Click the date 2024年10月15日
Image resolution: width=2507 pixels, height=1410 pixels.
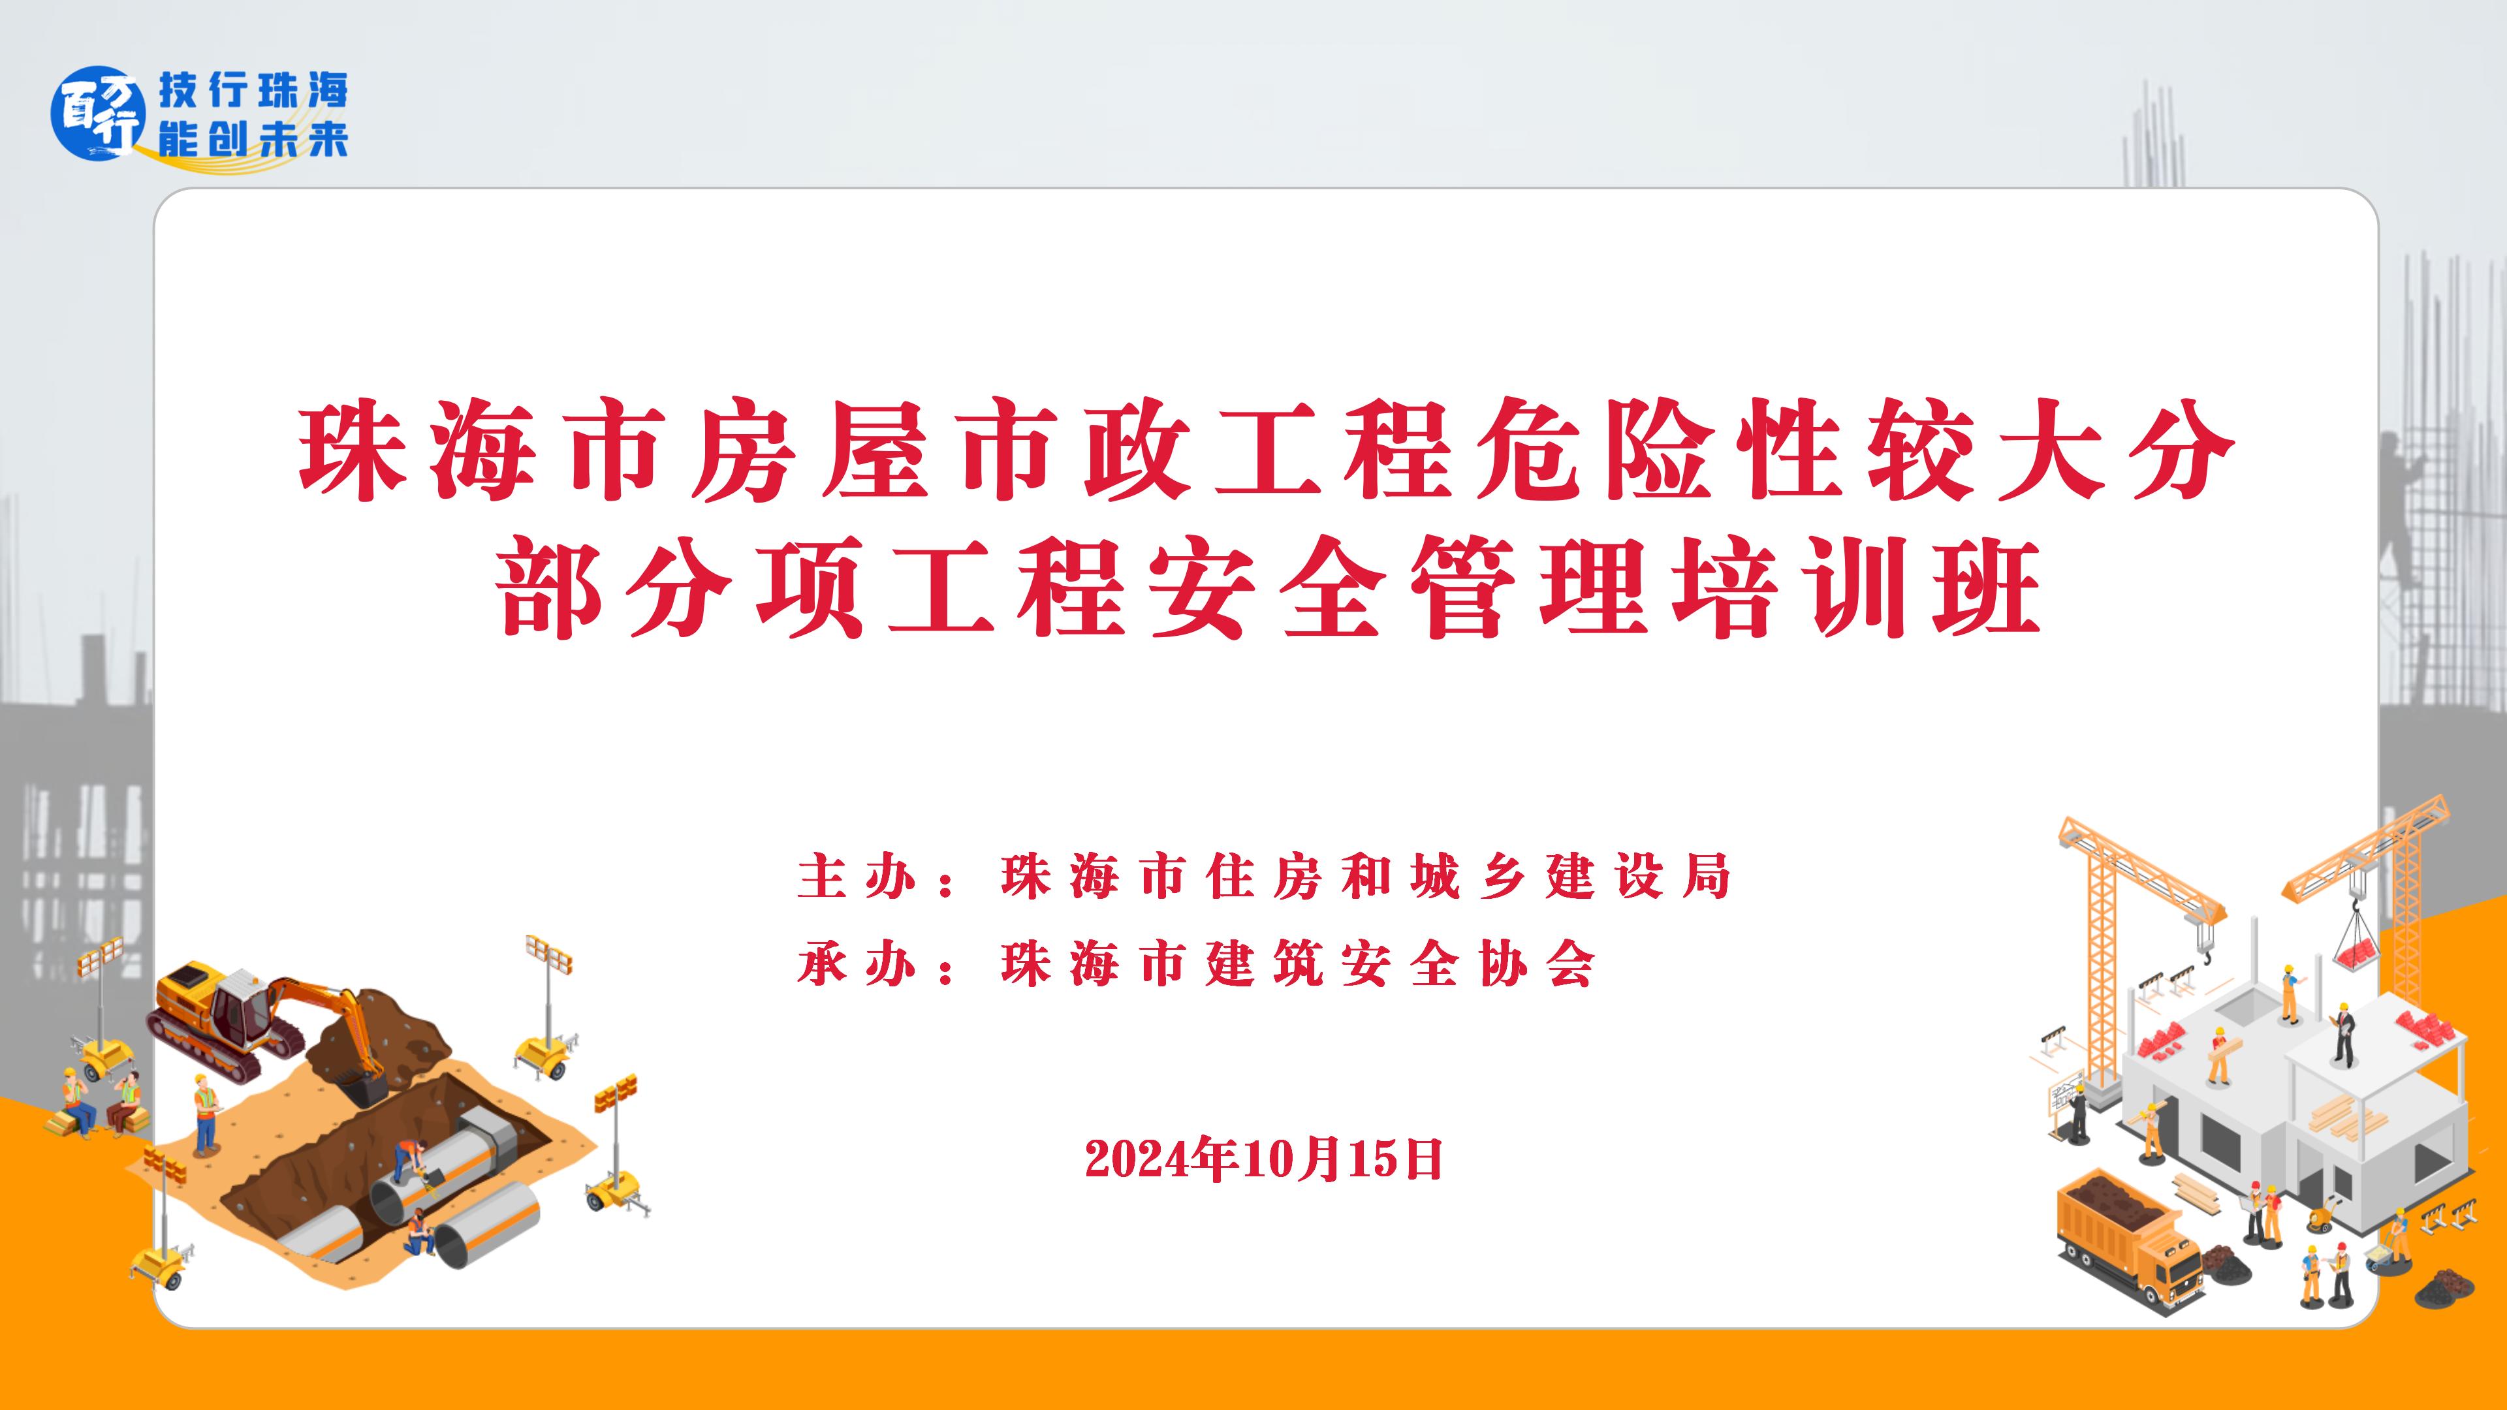coord(1263,1159)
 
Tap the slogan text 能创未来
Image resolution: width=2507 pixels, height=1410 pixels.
coord(253,141)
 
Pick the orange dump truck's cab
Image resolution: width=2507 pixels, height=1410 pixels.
coord(2166,1265)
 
